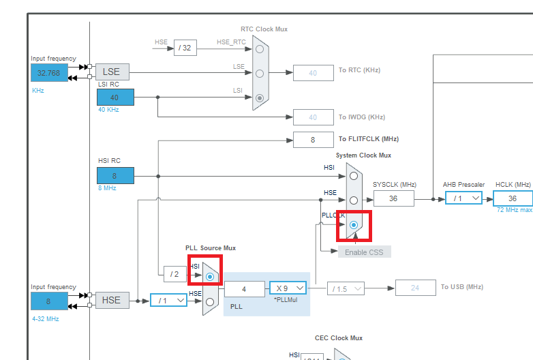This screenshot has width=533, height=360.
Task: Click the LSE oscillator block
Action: point(112,72)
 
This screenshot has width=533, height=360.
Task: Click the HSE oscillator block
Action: point(112,300)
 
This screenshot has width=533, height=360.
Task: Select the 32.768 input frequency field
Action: point(49,73)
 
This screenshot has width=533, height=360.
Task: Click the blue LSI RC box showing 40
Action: point(115,97)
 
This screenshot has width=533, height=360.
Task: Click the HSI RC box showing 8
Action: point(115,176)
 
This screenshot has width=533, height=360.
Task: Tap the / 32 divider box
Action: point(185,48)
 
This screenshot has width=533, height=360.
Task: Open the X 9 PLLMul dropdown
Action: point(288,288)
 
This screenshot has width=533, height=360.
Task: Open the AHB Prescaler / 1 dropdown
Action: point(463,198)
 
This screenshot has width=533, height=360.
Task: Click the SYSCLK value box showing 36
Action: point(393,198)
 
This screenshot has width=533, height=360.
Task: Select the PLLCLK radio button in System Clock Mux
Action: point(354,224)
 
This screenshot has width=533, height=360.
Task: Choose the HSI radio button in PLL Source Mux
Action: point(210,276)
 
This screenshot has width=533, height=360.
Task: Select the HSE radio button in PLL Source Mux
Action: point(210,301)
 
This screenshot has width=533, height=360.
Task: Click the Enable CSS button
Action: point(365,252)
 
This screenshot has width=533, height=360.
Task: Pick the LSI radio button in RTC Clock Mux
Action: point(260,98)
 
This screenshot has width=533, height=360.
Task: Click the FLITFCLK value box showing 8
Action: point(313,140)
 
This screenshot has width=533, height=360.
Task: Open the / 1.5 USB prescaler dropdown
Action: point(346,288)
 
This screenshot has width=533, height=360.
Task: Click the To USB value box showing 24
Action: point(415,288)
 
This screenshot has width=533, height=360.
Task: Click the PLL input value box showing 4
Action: point(244,288)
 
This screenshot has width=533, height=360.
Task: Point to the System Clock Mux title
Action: point(363,155)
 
